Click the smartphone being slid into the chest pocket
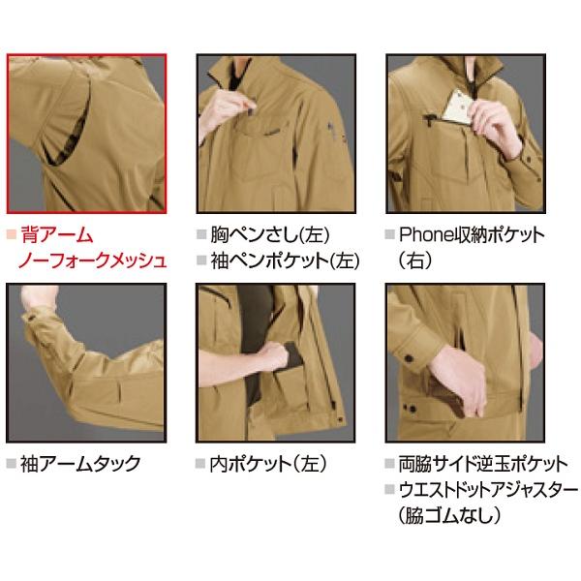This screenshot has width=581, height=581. [x=454, y=104]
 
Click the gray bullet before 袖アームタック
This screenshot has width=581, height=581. [x=11, y=463]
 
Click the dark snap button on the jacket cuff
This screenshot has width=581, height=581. [x=412, y=363]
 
